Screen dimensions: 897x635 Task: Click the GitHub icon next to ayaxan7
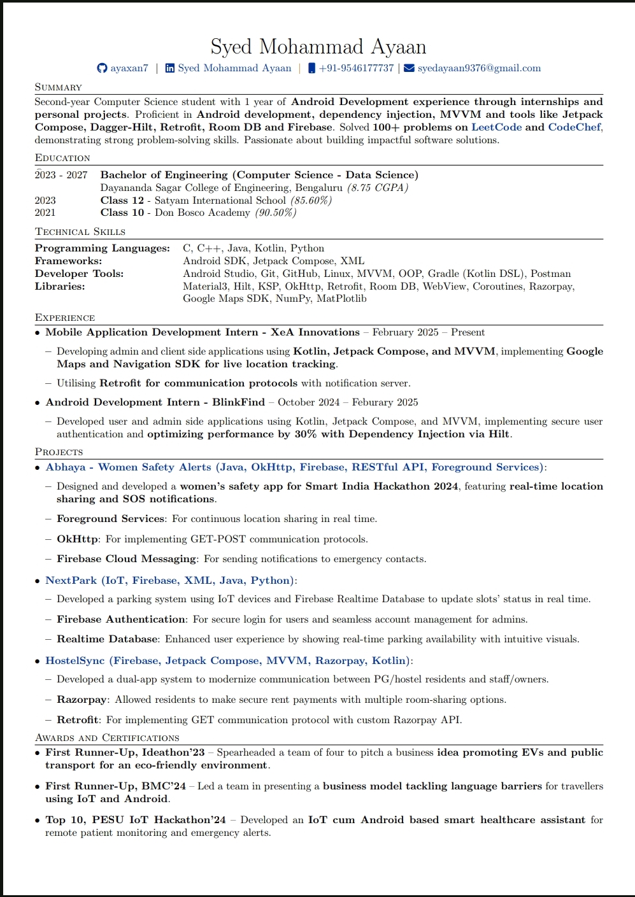click(x=102, y=68)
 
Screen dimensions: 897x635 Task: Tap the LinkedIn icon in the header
click(x=170, y=68)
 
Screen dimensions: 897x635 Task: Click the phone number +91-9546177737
click(x=356, y=68)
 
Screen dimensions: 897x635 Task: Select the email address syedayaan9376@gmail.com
click(x=479, y=68)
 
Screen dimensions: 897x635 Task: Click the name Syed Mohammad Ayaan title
click(x=318, y=46)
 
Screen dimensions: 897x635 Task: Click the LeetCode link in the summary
click(x=496, y=127)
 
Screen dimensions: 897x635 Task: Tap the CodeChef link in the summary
click(x=574, y=127)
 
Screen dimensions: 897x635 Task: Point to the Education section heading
click(x=62, y=158)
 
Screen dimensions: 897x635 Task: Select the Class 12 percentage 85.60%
click(x=311, y=201)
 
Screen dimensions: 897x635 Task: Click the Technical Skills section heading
click(x=80, y=232)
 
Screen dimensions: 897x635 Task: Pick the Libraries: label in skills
click(x=60, y=286)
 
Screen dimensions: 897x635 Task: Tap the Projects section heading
click(x=59, y=452)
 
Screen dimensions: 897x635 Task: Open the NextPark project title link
click(x=71, y=581)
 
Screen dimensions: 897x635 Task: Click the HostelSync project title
click(x=75, y=661)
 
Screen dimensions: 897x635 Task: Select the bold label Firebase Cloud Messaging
click(x=126, y=559)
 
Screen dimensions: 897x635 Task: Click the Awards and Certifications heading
click(x=107, y=738)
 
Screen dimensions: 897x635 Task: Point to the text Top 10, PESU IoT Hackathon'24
click(x=135, y=820)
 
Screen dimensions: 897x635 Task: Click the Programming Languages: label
click(x=102, y=248)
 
